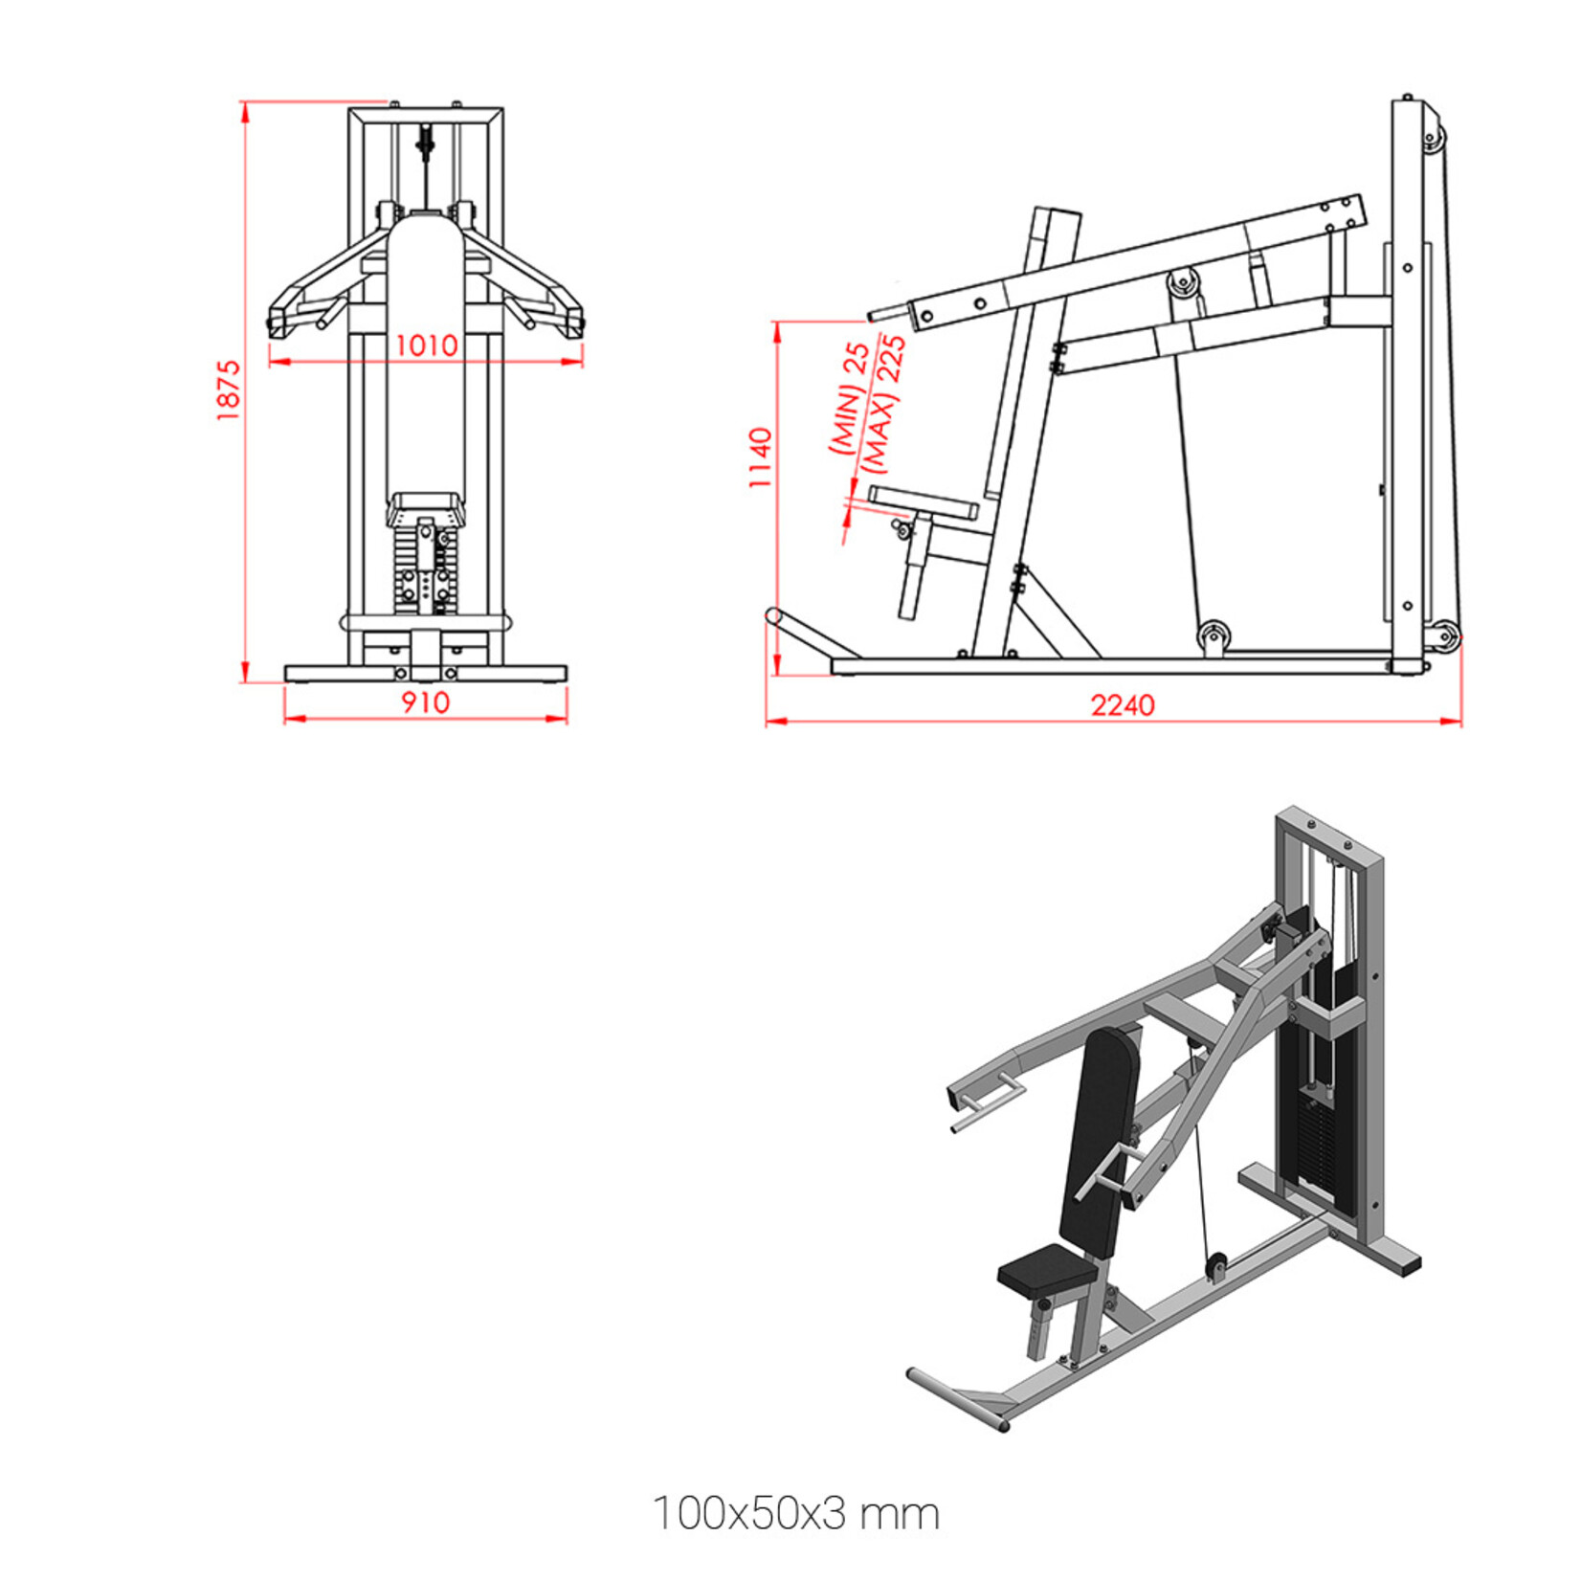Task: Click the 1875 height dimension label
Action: tap(228, 390)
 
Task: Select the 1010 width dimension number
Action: tap(427, 345)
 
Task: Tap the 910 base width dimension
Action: tap(425, 703)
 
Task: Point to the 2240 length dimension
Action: tap(1123, 706)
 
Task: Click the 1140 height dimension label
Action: tap(760, 458)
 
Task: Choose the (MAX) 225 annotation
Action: tap(883, 403)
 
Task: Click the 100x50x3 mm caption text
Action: tap(796, 1514)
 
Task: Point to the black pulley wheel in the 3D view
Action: tap(1217, 1265)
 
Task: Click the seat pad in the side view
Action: tap(923, 501)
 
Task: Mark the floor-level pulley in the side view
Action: tap(1214, 635)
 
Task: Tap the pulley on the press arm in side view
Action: tap(1182, 283)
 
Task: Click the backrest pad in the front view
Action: tap(426, 354)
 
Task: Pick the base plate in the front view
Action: tap(425, 674)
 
